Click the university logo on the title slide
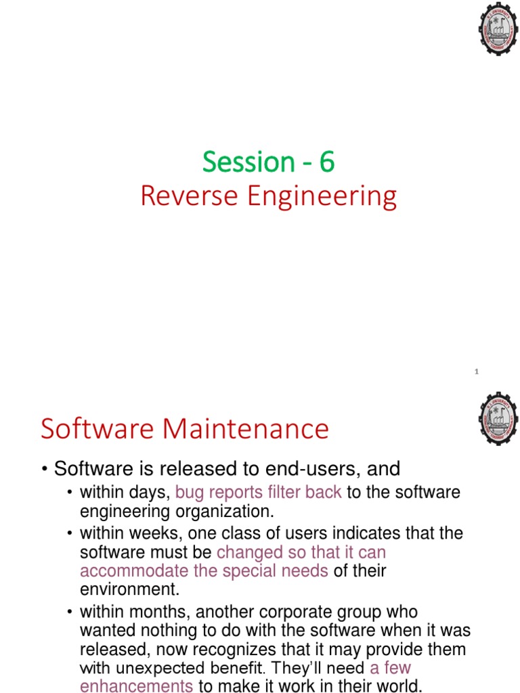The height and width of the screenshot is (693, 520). point(498,28)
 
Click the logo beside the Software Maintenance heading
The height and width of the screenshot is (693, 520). point(498,418)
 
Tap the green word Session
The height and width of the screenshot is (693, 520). point(248,162)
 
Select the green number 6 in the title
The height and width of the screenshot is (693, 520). point(327,162)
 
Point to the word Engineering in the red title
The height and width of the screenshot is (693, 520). point(322,197)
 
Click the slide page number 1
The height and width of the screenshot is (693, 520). point(476,372)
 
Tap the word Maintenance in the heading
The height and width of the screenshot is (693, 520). point(245,428)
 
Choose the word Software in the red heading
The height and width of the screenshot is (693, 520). point(97,428)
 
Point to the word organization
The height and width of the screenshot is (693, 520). point(225,512)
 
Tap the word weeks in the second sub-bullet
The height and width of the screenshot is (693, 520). point(156,533)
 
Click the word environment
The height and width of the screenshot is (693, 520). point(129,589)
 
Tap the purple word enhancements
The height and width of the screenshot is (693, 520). point(136,686)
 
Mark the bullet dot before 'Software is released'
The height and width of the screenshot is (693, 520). point(45,469)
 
